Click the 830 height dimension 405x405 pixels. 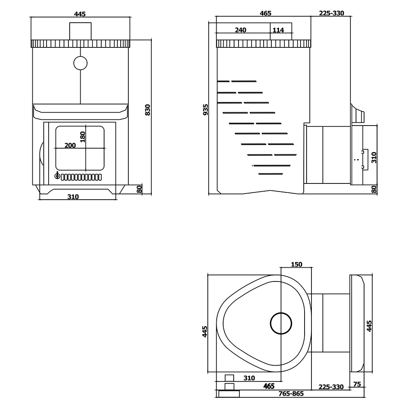147,110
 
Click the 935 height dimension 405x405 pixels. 205,110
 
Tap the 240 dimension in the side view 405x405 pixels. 241,30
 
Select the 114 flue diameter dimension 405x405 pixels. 278,30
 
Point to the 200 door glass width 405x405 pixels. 70,145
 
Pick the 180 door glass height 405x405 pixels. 83,137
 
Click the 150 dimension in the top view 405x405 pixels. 296,264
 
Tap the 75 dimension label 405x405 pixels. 357,384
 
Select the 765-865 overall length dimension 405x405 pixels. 291,394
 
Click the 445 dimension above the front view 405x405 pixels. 80,14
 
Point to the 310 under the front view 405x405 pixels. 73,197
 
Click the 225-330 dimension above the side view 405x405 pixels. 331,13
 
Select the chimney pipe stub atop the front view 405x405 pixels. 80,31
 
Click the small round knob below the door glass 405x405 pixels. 58,176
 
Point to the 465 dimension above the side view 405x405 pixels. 266,13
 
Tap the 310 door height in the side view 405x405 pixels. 374,158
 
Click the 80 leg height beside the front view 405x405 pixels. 139,189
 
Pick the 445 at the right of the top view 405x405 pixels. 369,326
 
